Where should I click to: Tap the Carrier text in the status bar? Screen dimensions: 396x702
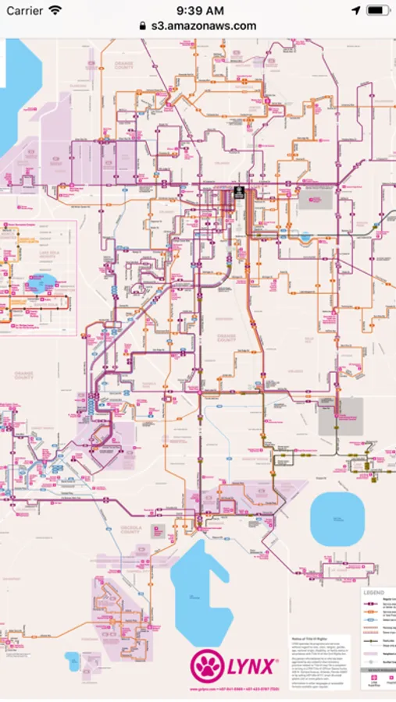[24, 11]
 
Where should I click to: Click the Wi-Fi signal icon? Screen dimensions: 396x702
[55, 11]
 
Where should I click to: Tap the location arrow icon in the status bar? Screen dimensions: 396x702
[356, 11]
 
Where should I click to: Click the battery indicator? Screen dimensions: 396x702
[378, 11]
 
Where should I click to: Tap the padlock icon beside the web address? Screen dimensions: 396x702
[142, 26]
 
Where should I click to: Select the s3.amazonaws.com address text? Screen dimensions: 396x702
[202, 26]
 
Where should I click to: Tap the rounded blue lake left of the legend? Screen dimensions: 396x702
[337, 519]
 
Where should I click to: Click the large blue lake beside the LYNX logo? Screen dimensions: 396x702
[198, 593]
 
